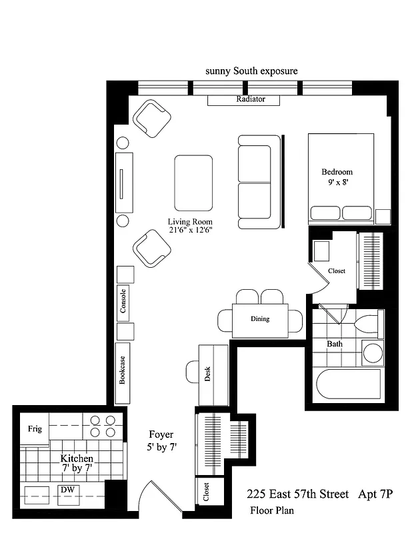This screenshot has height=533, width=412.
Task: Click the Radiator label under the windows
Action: click(x=251, y=99)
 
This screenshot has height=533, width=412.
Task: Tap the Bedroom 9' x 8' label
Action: click(x=337, y=176)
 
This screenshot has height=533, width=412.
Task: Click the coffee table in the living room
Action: click(x=193, y=183)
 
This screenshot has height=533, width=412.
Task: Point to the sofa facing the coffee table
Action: click(x=255, y=181)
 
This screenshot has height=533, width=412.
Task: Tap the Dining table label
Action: click(x=260, y=318)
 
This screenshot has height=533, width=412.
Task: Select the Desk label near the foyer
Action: click(x=208, y=375)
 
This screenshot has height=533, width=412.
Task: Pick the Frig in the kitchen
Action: click(x=35, y=428)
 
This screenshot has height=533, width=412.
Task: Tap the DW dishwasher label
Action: click(x=67, y=490)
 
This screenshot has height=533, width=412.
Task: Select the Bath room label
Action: click(x=335, y=344)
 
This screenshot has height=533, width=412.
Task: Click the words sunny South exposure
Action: click(x=251, y=71)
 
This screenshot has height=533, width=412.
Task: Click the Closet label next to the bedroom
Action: click(x=337, y=271)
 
